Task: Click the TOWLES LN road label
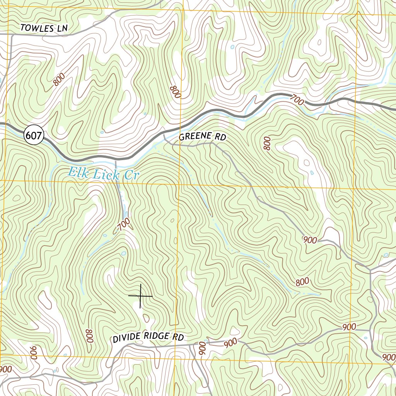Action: point(44,28)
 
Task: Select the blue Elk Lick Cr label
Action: point(103,173)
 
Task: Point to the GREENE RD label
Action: point(202,137)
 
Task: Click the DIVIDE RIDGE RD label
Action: point(148,337)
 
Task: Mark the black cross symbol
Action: point(140,296)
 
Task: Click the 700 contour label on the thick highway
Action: point(297,101)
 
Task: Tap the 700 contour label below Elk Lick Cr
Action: point(123,225)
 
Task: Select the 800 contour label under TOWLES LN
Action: point(59,80)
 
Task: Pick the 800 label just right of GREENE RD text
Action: point(267,143)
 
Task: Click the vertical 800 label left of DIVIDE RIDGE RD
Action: point(89,336)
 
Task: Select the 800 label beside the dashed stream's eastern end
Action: point(302,282)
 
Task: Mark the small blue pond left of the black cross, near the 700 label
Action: point(123,254)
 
